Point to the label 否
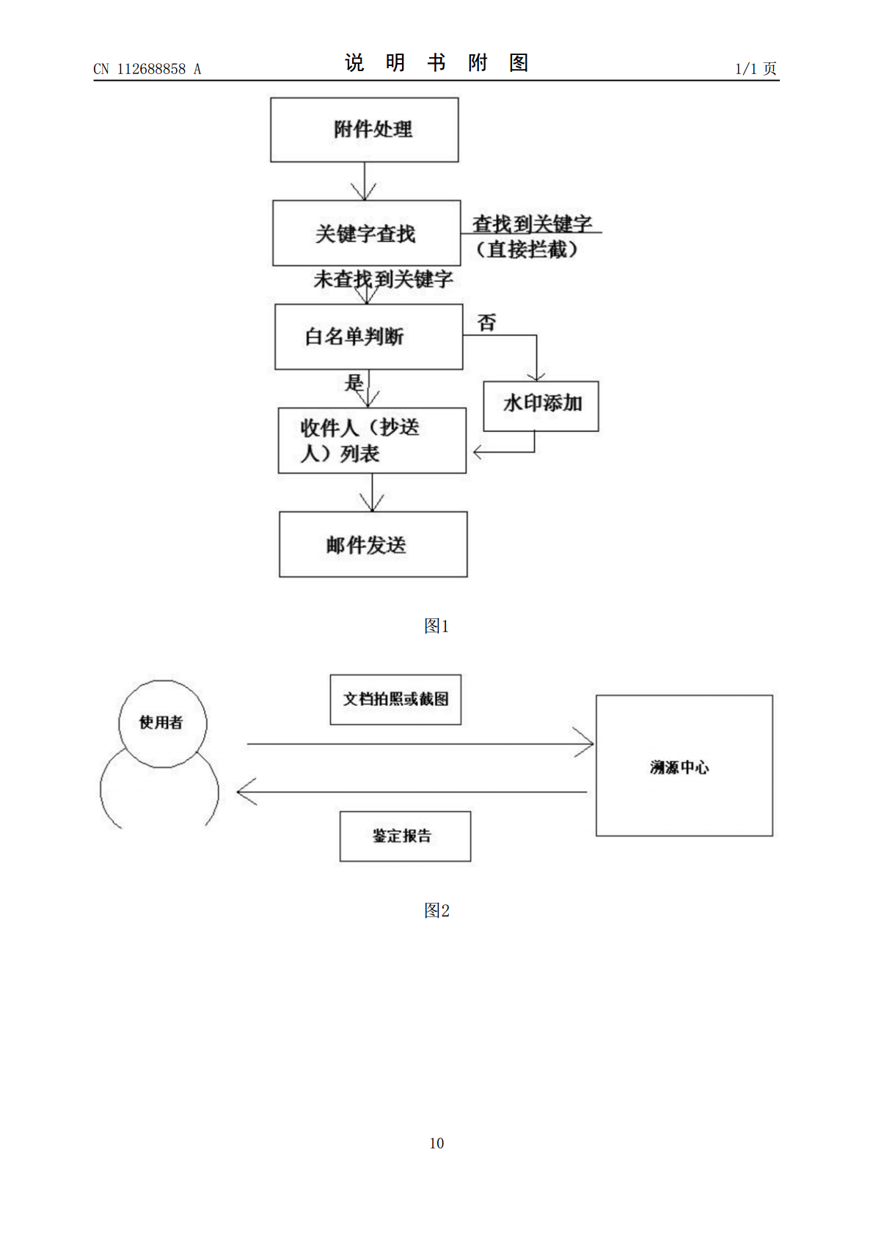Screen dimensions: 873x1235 (486, 323)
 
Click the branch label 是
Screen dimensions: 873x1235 (354, 382)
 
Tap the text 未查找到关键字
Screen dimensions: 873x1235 (383, 279)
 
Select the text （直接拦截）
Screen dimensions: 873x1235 (527, 250)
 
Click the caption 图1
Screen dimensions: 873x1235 (436, 626)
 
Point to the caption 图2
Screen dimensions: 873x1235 (436, 910)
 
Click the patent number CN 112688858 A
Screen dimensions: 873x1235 (147, 69)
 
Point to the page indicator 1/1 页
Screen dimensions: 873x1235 (756, 69)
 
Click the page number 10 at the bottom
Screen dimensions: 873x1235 (436, 1143)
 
